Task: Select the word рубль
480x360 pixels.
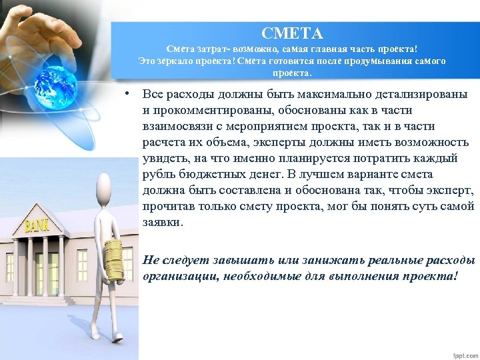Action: click(x=159, y=174)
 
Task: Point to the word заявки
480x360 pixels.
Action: click(x=161, y=222)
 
